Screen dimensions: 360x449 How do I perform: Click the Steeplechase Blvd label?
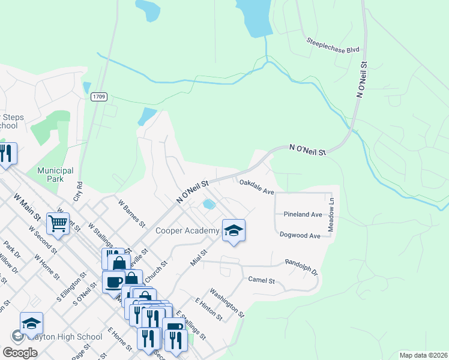[333, 45]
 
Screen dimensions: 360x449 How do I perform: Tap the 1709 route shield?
[99, 97]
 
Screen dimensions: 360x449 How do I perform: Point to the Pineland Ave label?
[303, 214]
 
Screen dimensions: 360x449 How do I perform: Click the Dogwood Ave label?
[300, 236]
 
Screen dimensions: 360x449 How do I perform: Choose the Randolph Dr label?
[301, 266]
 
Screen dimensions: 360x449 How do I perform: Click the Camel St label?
[261, 280]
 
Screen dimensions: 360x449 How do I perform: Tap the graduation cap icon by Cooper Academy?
[234, 230]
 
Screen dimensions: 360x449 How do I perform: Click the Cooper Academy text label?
[187, 231]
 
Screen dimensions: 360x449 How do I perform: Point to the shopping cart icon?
[58, 224]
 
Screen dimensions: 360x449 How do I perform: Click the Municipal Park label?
[55, 175]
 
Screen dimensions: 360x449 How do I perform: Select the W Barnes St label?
[132, 214]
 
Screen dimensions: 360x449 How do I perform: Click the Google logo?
[20, 352]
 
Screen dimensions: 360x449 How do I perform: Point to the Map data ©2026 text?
[423, 355]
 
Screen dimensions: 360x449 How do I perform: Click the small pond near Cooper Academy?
[209, 205]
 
